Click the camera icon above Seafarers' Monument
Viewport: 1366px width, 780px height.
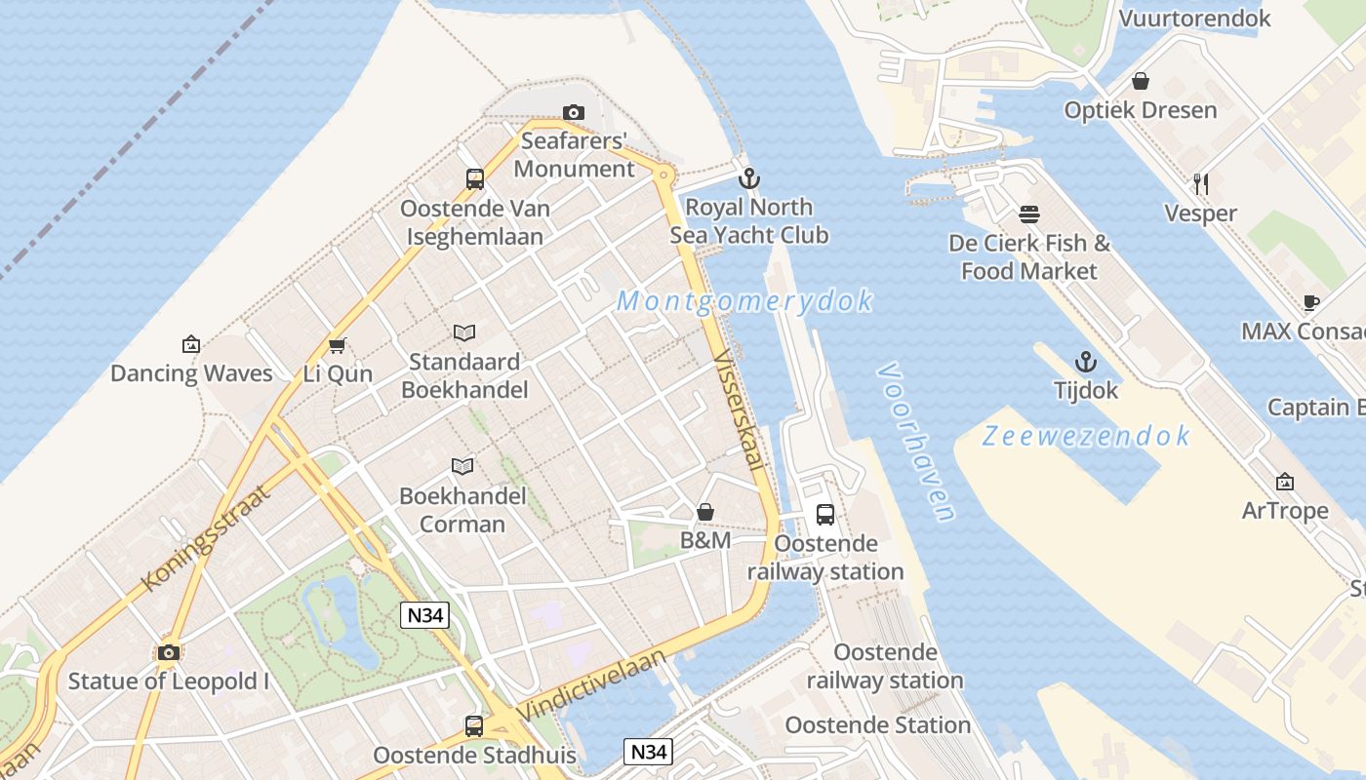574,113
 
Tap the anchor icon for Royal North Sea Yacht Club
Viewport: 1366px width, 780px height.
748,178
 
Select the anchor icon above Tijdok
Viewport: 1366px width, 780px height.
1086,363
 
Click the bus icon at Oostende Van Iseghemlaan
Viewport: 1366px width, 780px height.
475,179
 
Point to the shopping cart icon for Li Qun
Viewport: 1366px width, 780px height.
338,345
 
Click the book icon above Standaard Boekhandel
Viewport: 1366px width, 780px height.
464,333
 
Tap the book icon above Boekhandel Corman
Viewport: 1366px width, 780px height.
462,467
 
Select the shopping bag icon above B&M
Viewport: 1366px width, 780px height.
705,512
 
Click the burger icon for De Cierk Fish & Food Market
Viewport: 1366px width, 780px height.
1029,214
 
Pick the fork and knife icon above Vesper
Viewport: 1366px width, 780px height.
1201,183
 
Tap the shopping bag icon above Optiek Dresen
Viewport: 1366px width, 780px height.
1140,81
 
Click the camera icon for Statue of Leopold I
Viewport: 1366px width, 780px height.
169,652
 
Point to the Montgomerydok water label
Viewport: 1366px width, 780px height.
745,301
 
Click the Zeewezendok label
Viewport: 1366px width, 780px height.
1086,436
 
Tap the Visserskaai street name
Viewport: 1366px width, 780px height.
738,409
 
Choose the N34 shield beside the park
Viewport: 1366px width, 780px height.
424,615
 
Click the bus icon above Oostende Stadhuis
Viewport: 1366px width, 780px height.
474,726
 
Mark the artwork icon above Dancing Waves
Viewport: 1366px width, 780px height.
191,344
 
